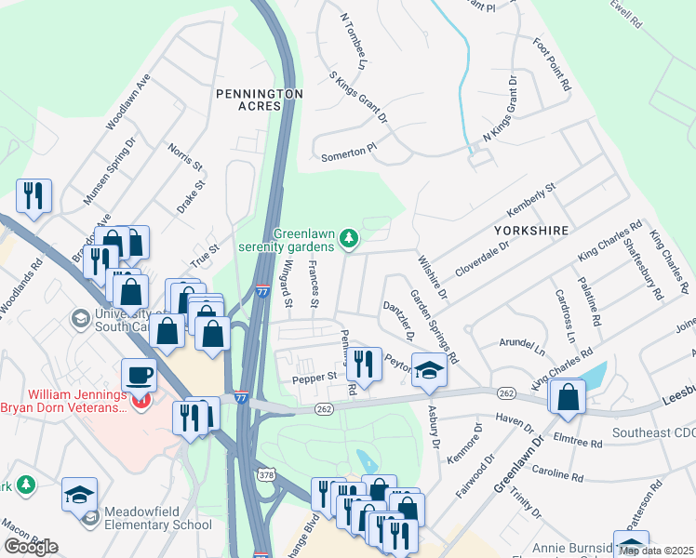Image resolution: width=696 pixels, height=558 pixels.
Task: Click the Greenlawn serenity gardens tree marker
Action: tap(349, 240)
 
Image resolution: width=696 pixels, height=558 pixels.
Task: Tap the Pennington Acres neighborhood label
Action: tap(260, 100)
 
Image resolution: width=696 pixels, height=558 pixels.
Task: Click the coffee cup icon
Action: tap(139, 376)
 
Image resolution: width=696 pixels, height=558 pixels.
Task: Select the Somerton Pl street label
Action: tap(349, 149)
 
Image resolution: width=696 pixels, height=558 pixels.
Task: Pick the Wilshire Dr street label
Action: tap(433, 278)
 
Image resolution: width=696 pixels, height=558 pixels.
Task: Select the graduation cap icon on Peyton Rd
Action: tap(429, 370)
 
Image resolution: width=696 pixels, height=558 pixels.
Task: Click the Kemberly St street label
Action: tap(530, 200)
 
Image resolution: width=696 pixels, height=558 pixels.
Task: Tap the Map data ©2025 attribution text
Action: tap(656, 551)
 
